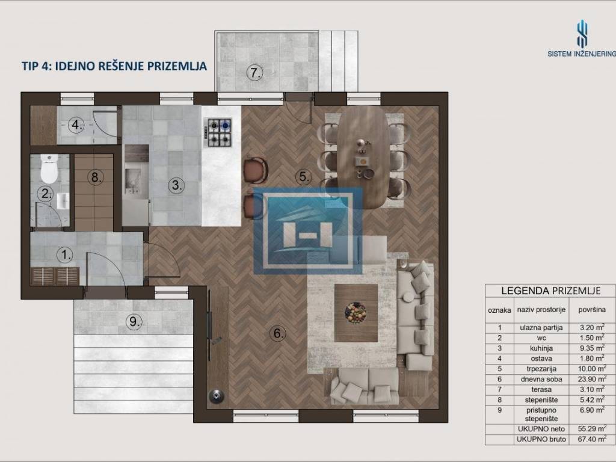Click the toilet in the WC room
pos(49,168)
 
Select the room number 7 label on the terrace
pos(255,73)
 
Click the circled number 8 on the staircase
pos(96,177)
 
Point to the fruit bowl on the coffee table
pos(356,313)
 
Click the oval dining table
pos(363,156)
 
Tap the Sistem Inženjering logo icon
pos(582,34)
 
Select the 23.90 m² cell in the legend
pos(592,379)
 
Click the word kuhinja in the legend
pos(541,348)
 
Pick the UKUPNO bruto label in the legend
pos(541,439)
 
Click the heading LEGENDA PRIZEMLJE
pos(551,291)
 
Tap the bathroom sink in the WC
pos(63,201)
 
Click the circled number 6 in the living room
pos(278,333)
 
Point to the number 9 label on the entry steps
pos(134,322)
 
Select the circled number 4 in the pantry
pos(76,125)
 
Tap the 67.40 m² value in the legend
pos(592,439)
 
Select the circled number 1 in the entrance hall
pos(65,255)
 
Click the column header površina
pos(592,310)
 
